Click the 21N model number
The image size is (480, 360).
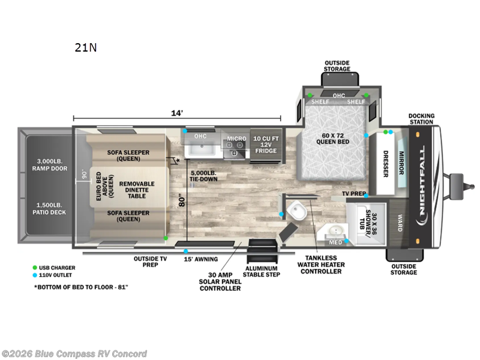[86, 47]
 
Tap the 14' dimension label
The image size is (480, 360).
[177, 113]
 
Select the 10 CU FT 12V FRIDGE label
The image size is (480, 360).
[266, 145]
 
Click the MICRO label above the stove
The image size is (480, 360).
[236, 139]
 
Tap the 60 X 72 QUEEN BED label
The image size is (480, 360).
[332, 139]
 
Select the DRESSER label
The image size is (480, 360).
[386, 164]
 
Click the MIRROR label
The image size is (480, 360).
[401, 163]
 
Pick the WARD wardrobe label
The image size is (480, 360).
[400, 223]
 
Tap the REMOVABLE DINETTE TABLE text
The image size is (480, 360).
[137, 190]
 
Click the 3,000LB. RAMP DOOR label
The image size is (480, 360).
[50, 164]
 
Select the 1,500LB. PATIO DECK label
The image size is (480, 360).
[49, 208]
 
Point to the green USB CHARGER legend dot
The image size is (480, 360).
[35, 268]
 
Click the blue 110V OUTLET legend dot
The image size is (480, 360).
[35, 275]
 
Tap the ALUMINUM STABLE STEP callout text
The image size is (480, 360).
[262, 272]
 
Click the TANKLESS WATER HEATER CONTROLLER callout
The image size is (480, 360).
[321, 265]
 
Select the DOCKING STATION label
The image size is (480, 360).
[422, 119]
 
